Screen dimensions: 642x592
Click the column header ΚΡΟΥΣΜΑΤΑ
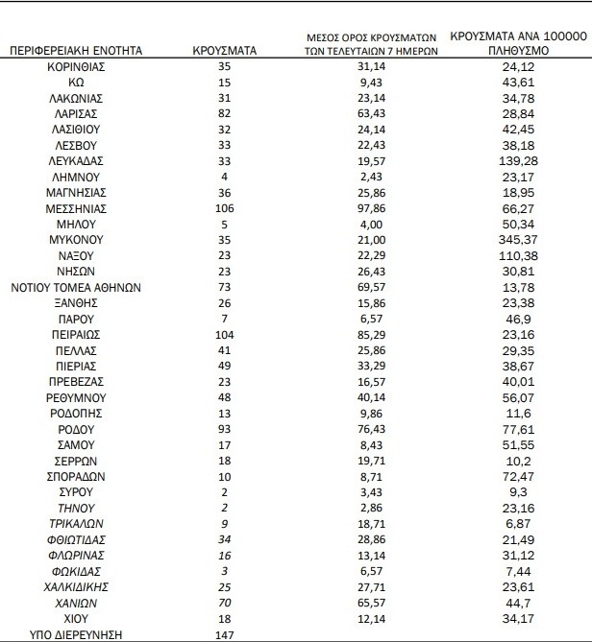(x=224, y=51)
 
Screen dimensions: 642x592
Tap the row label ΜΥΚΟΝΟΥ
(x=76, y=238)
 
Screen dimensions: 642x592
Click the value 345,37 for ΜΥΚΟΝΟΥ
(x=497, y=238)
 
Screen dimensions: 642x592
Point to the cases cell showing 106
(x=224, y=207)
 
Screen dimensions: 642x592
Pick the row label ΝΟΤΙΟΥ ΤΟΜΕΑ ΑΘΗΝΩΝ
(x=76, y=285)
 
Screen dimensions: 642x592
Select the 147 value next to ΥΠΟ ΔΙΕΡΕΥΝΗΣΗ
(x=224, y=634)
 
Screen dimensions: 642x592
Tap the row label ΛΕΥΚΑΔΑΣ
(x=76, y=160)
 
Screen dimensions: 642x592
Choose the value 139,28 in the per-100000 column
(x=497, y=160)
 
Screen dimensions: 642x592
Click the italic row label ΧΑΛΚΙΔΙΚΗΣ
(x=76, y=587)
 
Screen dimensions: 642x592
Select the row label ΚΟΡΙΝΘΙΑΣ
(x=76, y=67)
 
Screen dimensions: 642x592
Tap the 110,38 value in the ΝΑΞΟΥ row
(x=497, y=253)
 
